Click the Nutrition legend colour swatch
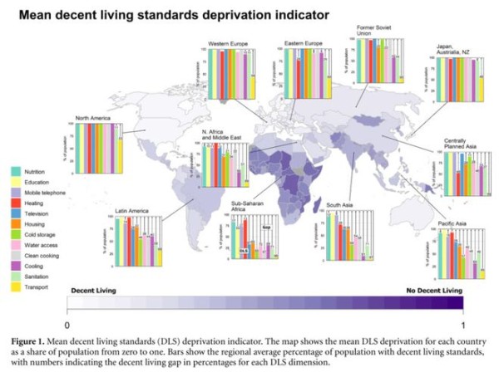tap(15, 170)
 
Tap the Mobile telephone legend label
tap(46, 192)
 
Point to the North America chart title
tap(93, 118)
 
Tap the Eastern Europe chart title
tap(304, 42)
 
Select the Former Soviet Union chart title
tap(373, 30)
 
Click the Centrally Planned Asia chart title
tap(460, 143)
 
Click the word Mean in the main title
tap(37, 14)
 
